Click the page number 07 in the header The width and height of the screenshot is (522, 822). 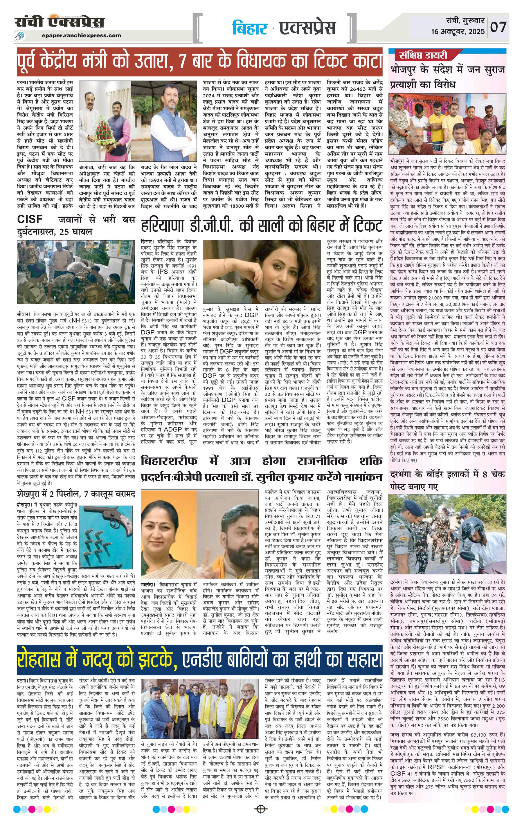pos(499,27)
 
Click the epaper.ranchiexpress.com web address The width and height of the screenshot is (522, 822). pos(82,35)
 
